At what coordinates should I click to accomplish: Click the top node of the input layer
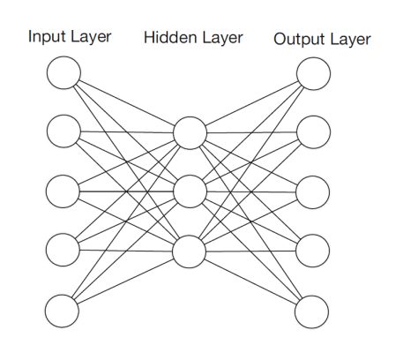click(x=63, y=73)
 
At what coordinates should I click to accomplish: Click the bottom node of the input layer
click(x=63, y=310)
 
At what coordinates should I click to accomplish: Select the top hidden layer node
click(x=190, y=133)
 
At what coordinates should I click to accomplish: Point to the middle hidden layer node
click(x=190, y=191)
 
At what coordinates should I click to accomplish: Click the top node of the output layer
click(x=313, y=73)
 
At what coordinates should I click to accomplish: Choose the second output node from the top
click(x=313, y=132)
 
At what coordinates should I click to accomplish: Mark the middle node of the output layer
click(x=313, y=191)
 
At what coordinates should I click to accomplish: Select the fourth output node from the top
click(x=313, y=251)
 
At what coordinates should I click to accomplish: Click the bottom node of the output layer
click(x=313, y=310)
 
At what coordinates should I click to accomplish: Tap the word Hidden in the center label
click(x=164, y=39)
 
